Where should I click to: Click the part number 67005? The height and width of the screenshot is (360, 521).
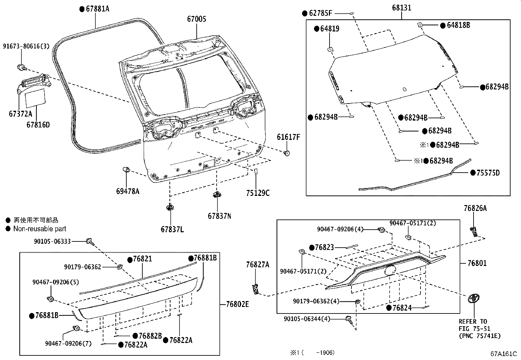click(197, 19)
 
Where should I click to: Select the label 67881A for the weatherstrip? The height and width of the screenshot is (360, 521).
click(98, 9)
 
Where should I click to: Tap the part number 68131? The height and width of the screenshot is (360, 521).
click(402, 8)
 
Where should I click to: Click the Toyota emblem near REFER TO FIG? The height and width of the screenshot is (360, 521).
click(474, 298)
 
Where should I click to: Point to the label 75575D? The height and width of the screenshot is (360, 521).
click(488, 173)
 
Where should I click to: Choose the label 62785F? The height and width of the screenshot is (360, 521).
click(320, 13)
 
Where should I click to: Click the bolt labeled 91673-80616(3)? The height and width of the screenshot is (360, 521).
click(22, 68)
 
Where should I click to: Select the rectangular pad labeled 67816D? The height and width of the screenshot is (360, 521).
click(35, 98)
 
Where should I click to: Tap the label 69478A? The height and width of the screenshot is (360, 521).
click(128, 191)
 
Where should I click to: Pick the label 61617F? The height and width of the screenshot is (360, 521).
click(288, 137)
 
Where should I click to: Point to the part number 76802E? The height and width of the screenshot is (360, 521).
click(238, 304)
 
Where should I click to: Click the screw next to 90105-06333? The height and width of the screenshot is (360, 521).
click(90, 242)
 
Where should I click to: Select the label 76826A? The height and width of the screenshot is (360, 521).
click(475, 208)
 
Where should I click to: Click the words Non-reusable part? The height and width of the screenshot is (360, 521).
click(40, 229)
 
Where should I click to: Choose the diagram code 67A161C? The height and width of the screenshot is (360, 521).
click(504, 354)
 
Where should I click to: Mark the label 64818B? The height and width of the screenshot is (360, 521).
click(458, 25)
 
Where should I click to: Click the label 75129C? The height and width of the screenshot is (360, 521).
click(258, 193)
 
